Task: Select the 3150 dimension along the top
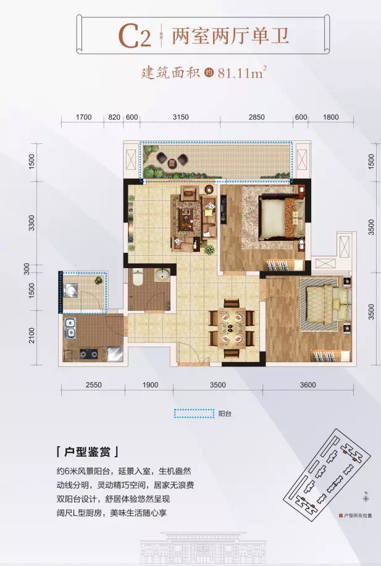pyautogui.click(x=180, y=117)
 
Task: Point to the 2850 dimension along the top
pyautogui.click(x=256, y=117)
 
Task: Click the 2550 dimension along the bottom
pyautogui.click(x=93, y=385)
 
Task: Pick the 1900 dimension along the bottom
pyautogui.click(x=150, y=385)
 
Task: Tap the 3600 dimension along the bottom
pyautogui.click(x=308, y=385)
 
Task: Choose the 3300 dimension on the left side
pyautogui.click(x=31, y=222)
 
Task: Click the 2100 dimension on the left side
pyautogui.click(x=31, y=336)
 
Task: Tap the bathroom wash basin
pyautogui.click(x=162, y=275)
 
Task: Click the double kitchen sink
pyautogui.click(x=70, y=327)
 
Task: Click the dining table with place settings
pyautogui.click(x=232, y=329)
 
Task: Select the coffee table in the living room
pyautogui.click(x=186, y=219)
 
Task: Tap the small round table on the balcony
pyautogui.click(x=172, y=163)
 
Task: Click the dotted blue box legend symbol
pyautogui.click(x=194, y=413)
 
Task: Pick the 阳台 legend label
pyautogui.click(x=225, y=413)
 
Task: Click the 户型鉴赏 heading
pyautogui.click(x=87, y=452)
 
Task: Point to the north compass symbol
pyautogui.click(x=366, y=499)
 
